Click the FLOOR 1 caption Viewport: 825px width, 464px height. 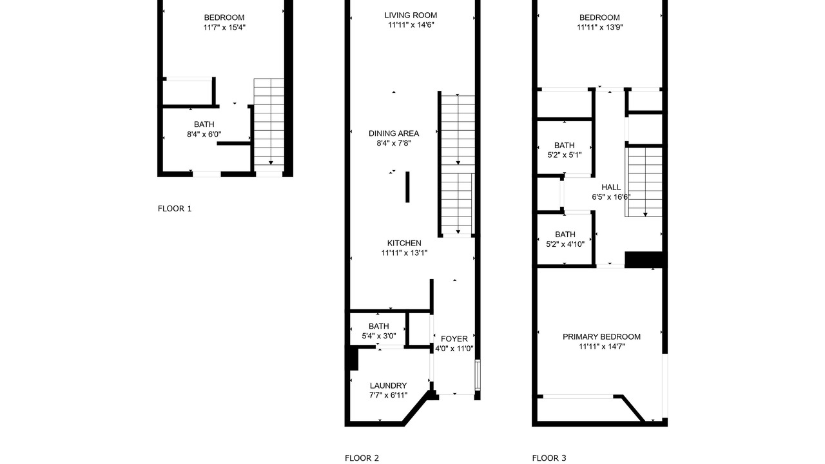pos(175,209)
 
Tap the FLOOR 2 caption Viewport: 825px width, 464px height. pos(362,458)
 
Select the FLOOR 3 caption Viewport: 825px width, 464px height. pos(549,458)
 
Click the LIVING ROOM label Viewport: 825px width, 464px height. pos(411,15)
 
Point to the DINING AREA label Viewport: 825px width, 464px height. pos(394,133)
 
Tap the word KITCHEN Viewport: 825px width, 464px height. pos(404,243)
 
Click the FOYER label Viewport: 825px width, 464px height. pos(454,339)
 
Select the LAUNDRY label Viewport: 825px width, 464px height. pos(388,385)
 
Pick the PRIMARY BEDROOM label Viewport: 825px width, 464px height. pos(601,336)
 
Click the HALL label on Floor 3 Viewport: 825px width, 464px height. pos(611,187)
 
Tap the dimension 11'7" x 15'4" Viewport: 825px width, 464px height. pos(224,27)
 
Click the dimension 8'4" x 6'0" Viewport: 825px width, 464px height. pos(204,135)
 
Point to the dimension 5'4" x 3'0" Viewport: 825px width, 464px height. pos(379,336)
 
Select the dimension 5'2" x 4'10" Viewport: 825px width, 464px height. pos(565,244)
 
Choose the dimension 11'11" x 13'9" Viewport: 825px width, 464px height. pos(599,27)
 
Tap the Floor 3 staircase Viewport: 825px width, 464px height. pos(645,182)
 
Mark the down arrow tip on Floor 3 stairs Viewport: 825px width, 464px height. pos(645,216)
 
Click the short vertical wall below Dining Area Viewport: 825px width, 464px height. pos(407,187)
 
